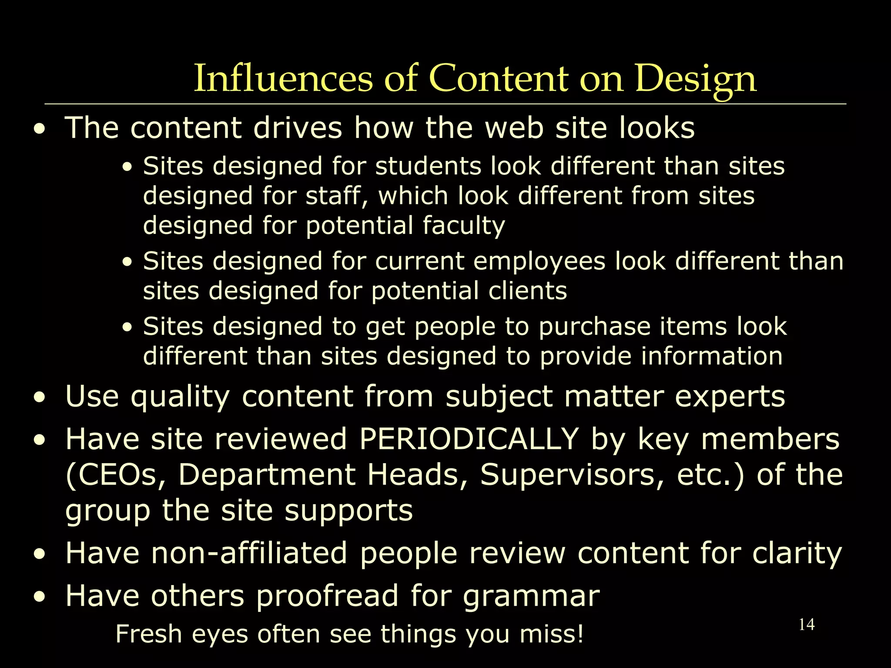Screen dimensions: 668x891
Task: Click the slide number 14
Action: (x=807, y=625)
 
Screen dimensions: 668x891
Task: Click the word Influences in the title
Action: (x=283, y=78)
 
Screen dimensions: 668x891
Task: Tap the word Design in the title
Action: (x=696, y=79)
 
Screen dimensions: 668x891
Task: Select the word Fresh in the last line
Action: (x=148, y=634)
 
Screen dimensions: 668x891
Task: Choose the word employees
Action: (x=539, y=261)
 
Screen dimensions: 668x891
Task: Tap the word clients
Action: (x=527, y=291)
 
